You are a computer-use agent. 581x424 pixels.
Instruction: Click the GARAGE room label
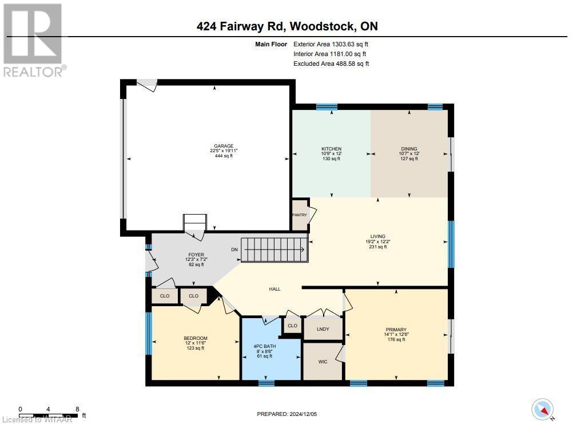pos(220,146)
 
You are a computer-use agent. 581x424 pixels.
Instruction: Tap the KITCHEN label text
pos(331,149)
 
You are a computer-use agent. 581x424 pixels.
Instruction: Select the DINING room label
pos(409,149)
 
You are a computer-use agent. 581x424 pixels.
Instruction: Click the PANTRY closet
pos(300,215)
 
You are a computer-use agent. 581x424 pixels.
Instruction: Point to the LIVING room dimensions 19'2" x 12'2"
pos(377,241)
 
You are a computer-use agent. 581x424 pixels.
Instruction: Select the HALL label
pos(275,290)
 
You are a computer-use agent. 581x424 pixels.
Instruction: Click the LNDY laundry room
pos(323,328)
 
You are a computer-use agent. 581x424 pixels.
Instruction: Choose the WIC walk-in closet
pos(323,362)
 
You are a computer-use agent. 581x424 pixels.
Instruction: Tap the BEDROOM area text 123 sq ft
pos(196,348)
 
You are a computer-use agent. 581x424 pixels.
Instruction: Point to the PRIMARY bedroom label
pos(396,330)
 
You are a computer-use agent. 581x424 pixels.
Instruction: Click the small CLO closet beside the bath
pos(292,326)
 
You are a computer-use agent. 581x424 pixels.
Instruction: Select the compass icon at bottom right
pos(543,409)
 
